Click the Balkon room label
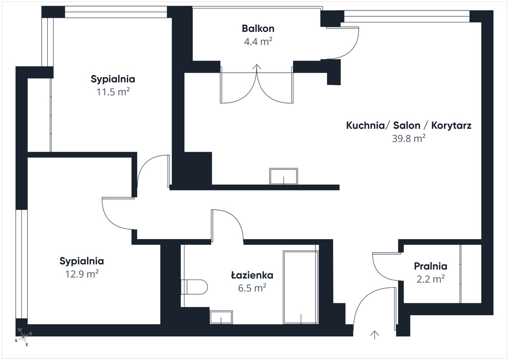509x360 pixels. (258, 28)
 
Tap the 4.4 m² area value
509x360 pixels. (258, 41)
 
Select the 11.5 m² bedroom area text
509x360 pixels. (113, 92)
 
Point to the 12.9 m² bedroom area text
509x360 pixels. (82, 274)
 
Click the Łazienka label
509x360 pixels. (252, 275)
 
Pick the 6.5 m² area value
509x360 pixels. (252, 288)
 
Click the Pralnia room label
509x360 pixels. (430, 266)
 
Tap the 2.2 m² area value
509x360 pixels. (430, 279)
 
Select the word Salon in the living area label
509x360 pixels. (407, 125)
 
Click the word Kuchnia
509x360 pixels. (365, 125)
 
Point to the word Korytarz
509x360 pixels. (451, 126)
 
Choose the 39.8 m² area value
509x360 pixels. (409, 138)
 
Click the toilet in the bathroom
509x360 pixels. (194, 286)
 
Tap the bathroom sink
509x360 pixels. (221, 317)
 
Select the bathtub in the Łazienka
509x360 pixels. (300, 287)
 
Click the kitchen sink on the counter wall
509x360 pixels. (283, 176)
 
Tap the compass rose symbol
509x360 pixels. (23, 337)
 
